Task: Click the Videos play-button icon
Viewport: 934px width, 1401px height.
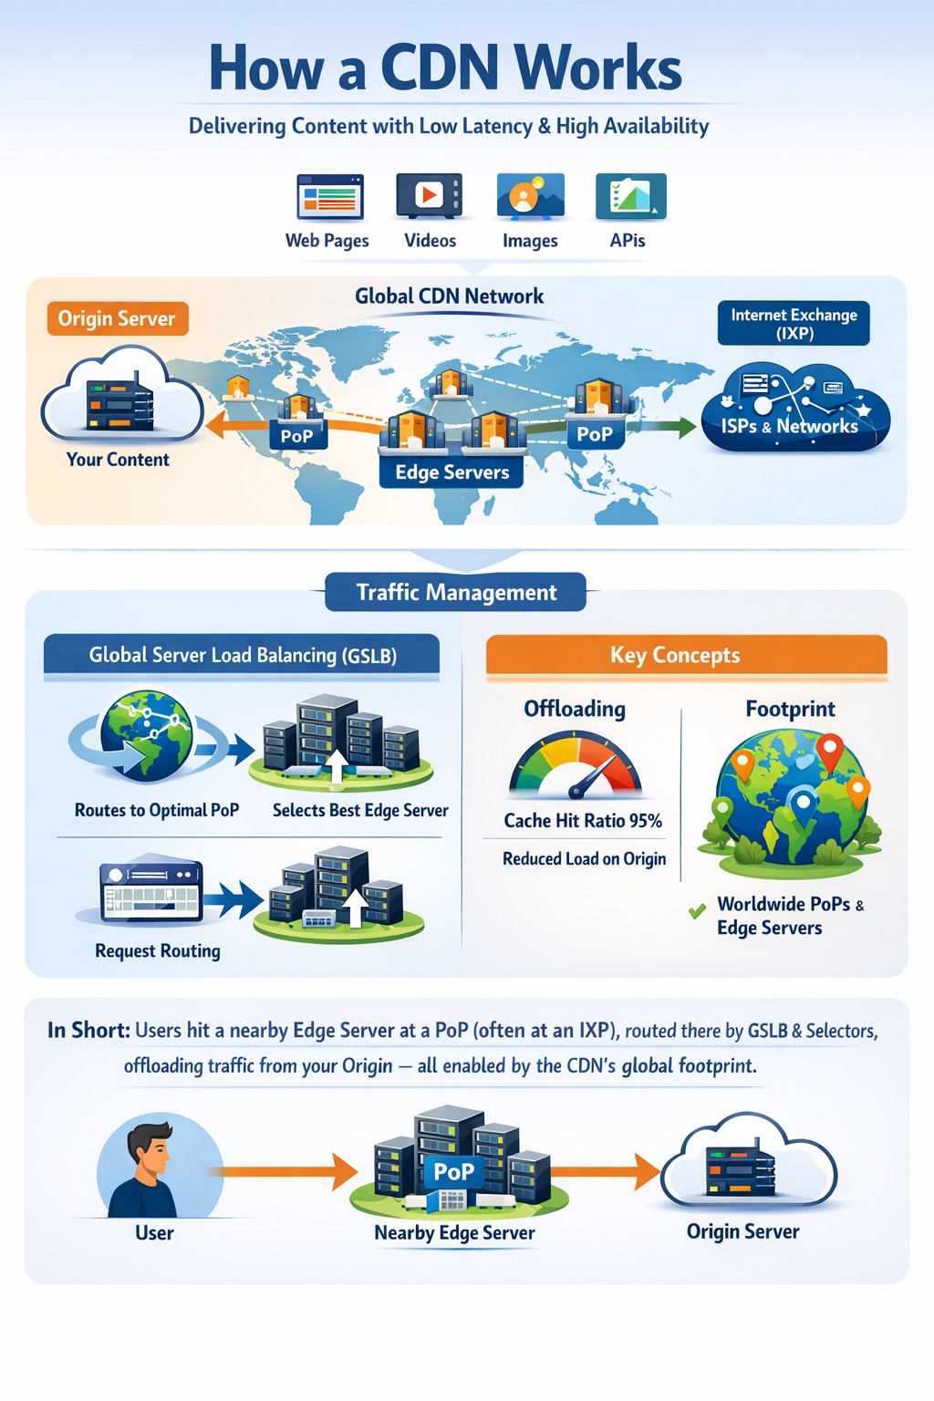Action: pyautogui.click(x=430, y=195)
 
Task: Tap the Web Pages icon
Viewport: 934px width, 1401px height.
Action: pyautogui.click(x=329, y=196)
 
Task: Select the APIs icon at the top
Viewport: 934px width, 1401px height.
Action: pyautogui.click(x=630, y=196)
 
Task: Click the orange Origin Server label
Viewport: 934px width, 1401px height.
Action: pyautogui.click(x=118, y=318)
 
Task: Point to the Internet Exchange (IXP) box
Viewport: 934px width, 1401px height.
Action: pyautogui.click(x=794, y=324)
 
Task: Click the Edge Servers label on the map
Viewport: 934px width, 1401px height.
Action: pyautogui.click(x=451, y=472)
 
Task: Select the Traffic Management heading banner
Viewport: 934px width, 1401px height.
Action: pyautogui.click(x=455, y=592)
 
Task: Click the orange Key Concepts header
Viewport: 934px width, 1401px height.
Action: pyautogui.click(x=686, y=655)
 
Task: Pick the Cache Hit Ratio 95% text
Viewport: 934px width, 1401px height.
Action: pyautogui.click(x=583, y=820)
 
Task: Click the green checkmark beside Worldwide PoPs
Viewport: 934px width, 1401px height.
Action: pyautogui.click(x=697, y=911)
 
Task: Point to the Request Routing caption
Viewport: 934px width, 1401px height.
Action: pyautogui.click(x=158, y=950)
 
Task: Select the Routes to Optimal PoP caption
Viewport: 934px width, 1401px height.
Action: pyautogui.click(x=157, y=810)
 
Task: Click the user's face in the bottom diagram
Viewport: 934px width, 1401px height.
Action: pyautogui.click(x=156, y=1156)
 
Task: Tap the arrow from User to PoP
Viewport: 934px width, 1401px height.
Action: pyautogui.click(x=283, y=1171)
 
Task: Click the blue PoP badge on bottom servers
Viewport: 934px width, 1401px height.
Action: pyautogui.click(x=454, y=1171)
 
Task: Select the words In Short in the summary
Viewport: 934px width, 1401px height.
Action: pyautogui.click(x=88, y=1030)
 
